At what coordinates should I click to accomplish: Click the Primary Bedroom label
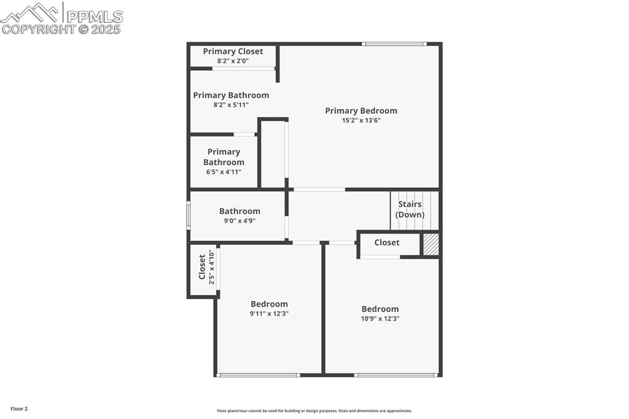[361, 111]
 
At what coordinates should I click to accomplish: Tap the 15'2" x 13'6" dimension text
[361, 120]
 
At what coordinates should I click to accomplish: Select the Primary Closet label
[233, 52]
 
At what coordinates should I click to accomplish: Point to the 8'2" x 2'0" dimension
[233, 61]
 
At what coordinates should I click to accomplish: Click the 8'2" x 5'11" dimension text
[231, 105]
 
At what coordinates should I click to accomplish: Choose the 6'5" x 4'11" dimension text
[224, 172]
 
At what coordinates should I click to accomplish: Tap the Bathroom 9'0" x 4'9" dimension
[240, 221]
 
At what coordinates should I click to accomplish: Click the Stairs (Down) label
[410, 209]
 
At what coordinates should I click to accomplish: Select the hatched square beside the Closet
[431, 244]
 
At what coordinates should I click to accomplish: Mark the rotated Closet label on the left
[202, 267]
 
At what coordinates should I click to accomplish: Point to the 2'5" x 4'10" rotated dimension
[211, 267]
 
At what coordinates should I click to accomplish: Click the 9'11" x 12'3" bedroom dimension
[269, 313]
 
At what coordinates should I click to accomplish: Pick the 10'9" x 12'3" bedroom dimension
[380, 318]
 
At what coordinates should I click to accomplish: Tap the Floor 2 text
[19, 409]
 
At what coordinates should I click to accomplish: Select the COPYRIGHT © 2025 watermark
[61, 29]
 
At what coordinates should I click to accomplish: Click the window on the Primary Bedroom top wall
[394, 44]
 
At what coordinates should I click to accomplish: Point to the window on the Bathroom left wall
[188, 216]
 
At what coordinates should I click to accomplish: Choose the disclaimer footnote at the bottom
[314, 411]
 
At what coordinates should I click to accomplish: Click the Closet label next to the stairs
[386, 243]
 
